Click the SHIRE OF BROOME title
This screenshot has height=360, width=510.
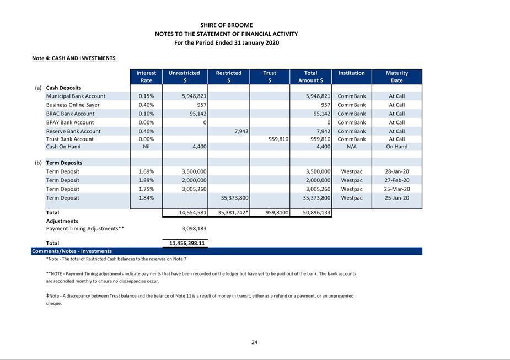coord(227,25)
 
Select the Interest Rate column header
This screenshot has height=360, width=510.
coord(146,77)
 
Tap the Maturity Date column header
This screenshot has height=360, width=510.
coord(396,77)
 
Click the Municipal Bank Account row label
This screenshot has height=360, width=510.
coord(76,96)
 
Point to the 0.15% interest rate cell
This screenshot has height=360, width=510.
coord(146,96)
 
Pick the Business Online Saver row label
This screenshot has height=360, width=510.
coord(73,105)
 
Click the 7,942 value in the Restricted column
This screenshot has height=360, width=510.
coord(240,131)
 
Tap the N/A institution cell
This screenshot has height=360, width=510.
coord(351,147)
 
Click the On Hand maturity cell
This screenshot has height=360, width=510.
coord(396,147)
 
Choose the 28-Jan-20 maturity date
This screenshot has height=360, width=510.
coord(396,171)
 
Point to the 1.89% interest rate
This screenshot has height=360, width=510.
coord(146,180)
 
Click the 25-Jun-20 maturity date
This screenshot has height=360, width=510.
coord(396,198)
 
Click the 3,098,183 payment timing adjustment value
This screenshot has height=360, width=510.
coord(194,228)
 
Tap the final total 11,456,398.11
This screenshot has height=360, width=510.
coord(185,243)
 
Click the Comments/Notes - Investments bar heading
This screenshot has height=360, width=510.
coord(72,251)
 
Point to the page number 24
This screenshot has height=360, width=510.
coord(254,342)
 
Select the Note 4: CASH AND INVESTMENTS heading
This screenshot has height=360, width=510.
coord(74,58)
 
